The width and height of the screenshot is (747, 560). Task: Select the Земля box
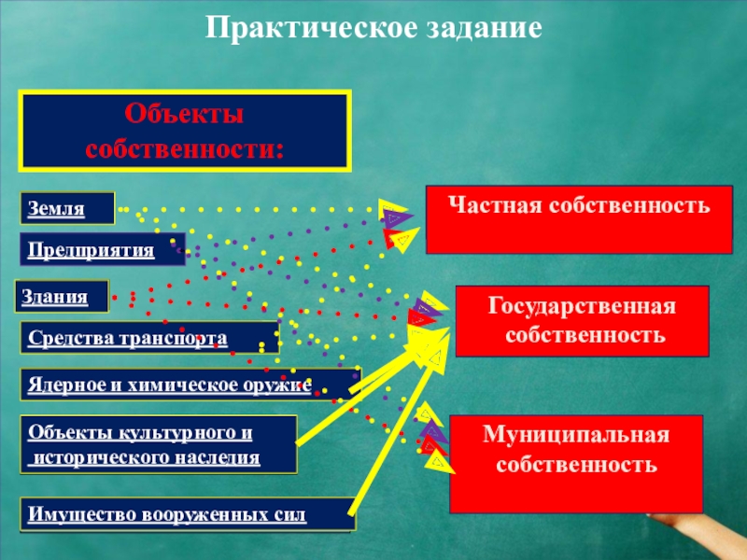(x=67, y=209)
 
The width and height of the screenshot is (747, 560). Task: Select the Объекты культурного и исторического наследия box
(x=158, y=444)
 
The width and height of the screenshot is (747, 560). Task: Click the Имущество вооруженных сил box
(x=187, y=514)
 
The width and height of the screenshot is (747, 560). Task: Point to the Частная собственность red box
(x=579, y=218)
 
